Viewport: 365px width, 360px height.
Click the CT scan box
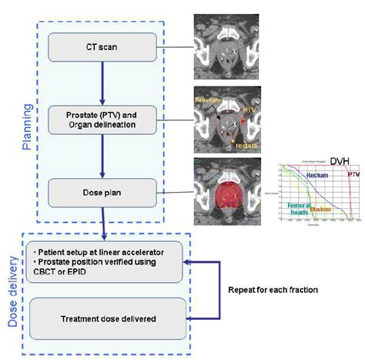[102, 47]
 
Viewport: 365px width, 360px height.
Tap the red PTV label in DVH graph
[353, 175]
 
